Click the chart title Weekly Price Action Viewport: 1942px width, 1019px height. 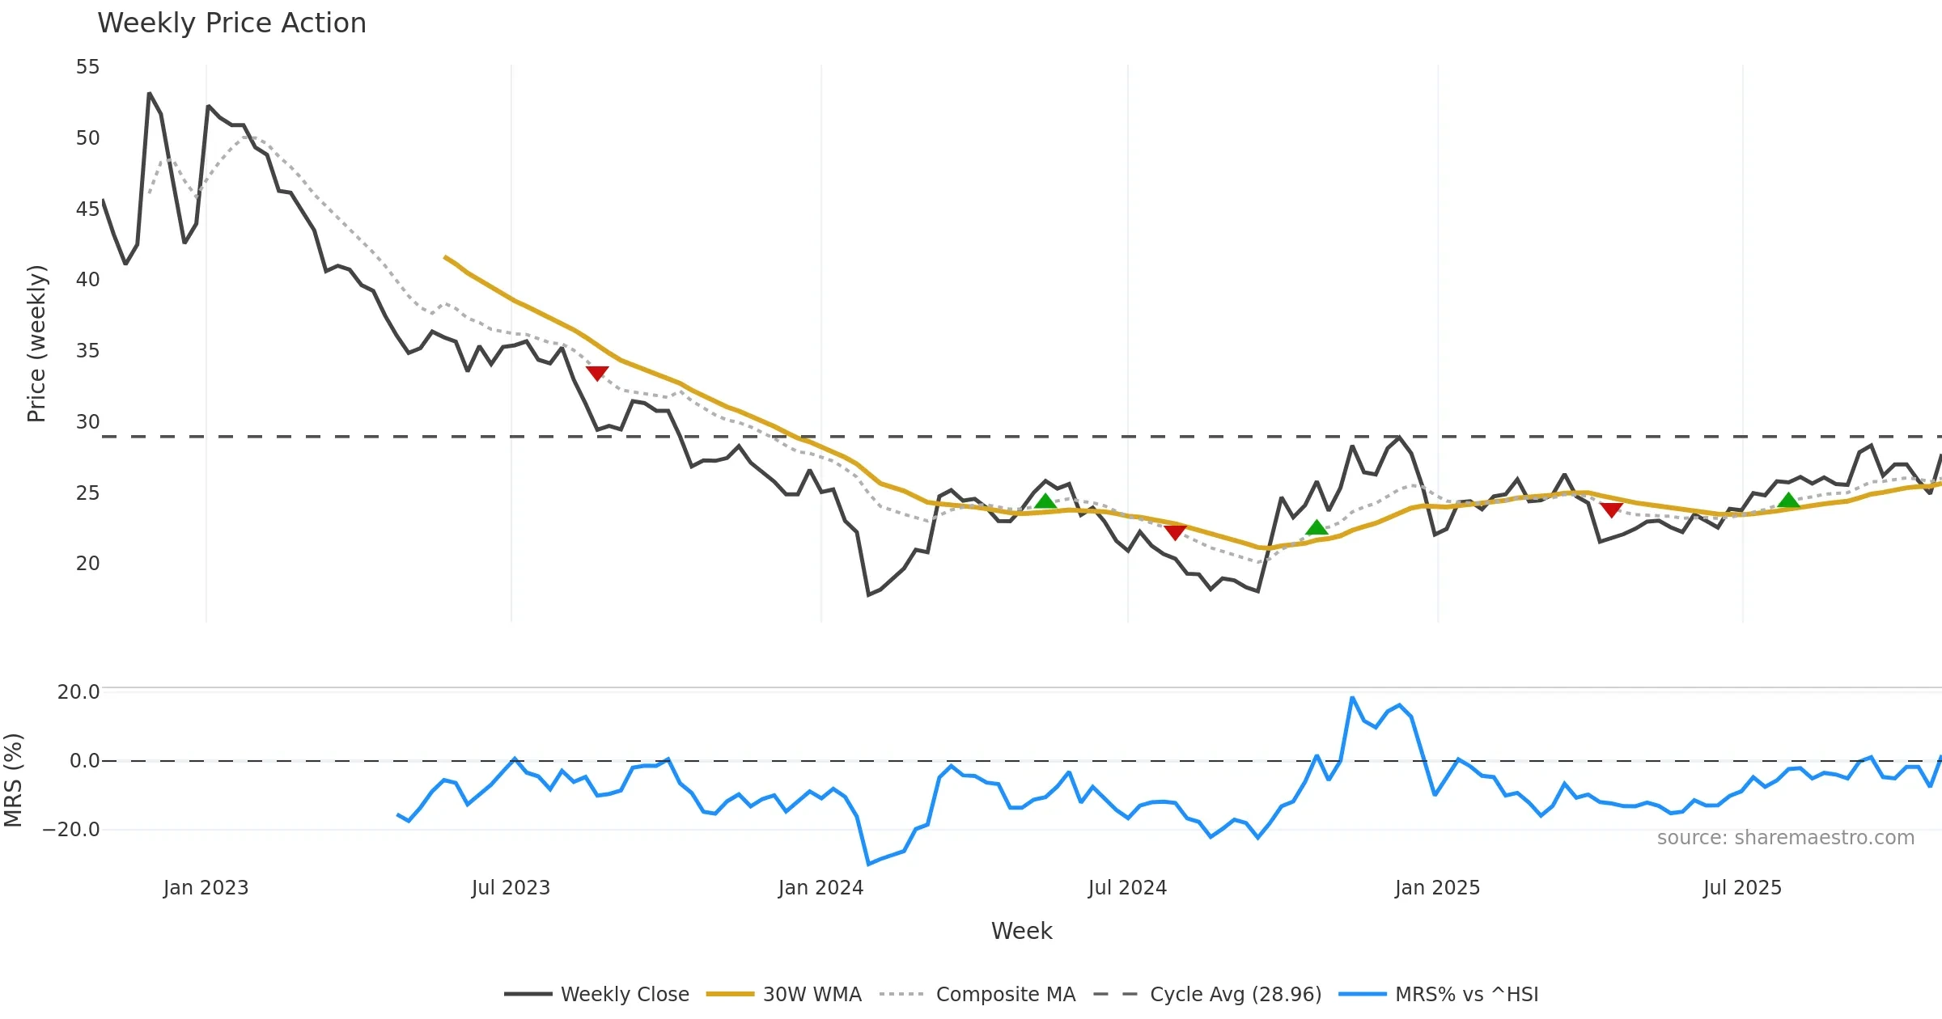[231, 23]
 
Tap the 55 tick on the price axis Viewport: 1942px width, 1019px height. [87, 67]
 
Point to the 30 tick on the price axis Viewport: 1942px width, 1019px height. [87, 422]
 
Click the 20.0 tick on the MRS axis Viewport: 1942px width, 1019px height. [78, 692]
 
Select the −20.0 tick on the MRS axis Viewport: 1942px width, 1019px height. [71, 830]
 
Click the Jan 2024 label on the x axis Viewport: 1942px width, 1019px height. [820, 888]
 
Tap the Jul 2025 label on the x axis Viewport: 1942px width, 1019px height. [1742, 888]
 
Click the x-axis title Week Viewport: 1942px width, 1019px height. [1021, 932]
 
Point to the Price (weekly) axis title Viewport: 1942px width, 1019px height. [36, 344]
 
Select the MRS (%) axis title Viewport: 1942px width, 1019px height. [13, 780]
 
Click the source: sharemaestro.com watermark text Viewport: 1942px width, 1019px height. [1785, 838]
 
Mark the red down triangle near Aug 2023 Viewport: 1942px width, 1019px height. [597, 373]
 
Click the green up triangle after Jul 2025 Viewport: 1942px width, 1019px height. [1788, 501]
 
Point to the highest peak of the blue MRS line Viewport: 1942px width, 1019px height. [1352, 698]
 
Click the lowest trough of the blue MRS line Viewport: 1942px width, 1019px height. [869, 864]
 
